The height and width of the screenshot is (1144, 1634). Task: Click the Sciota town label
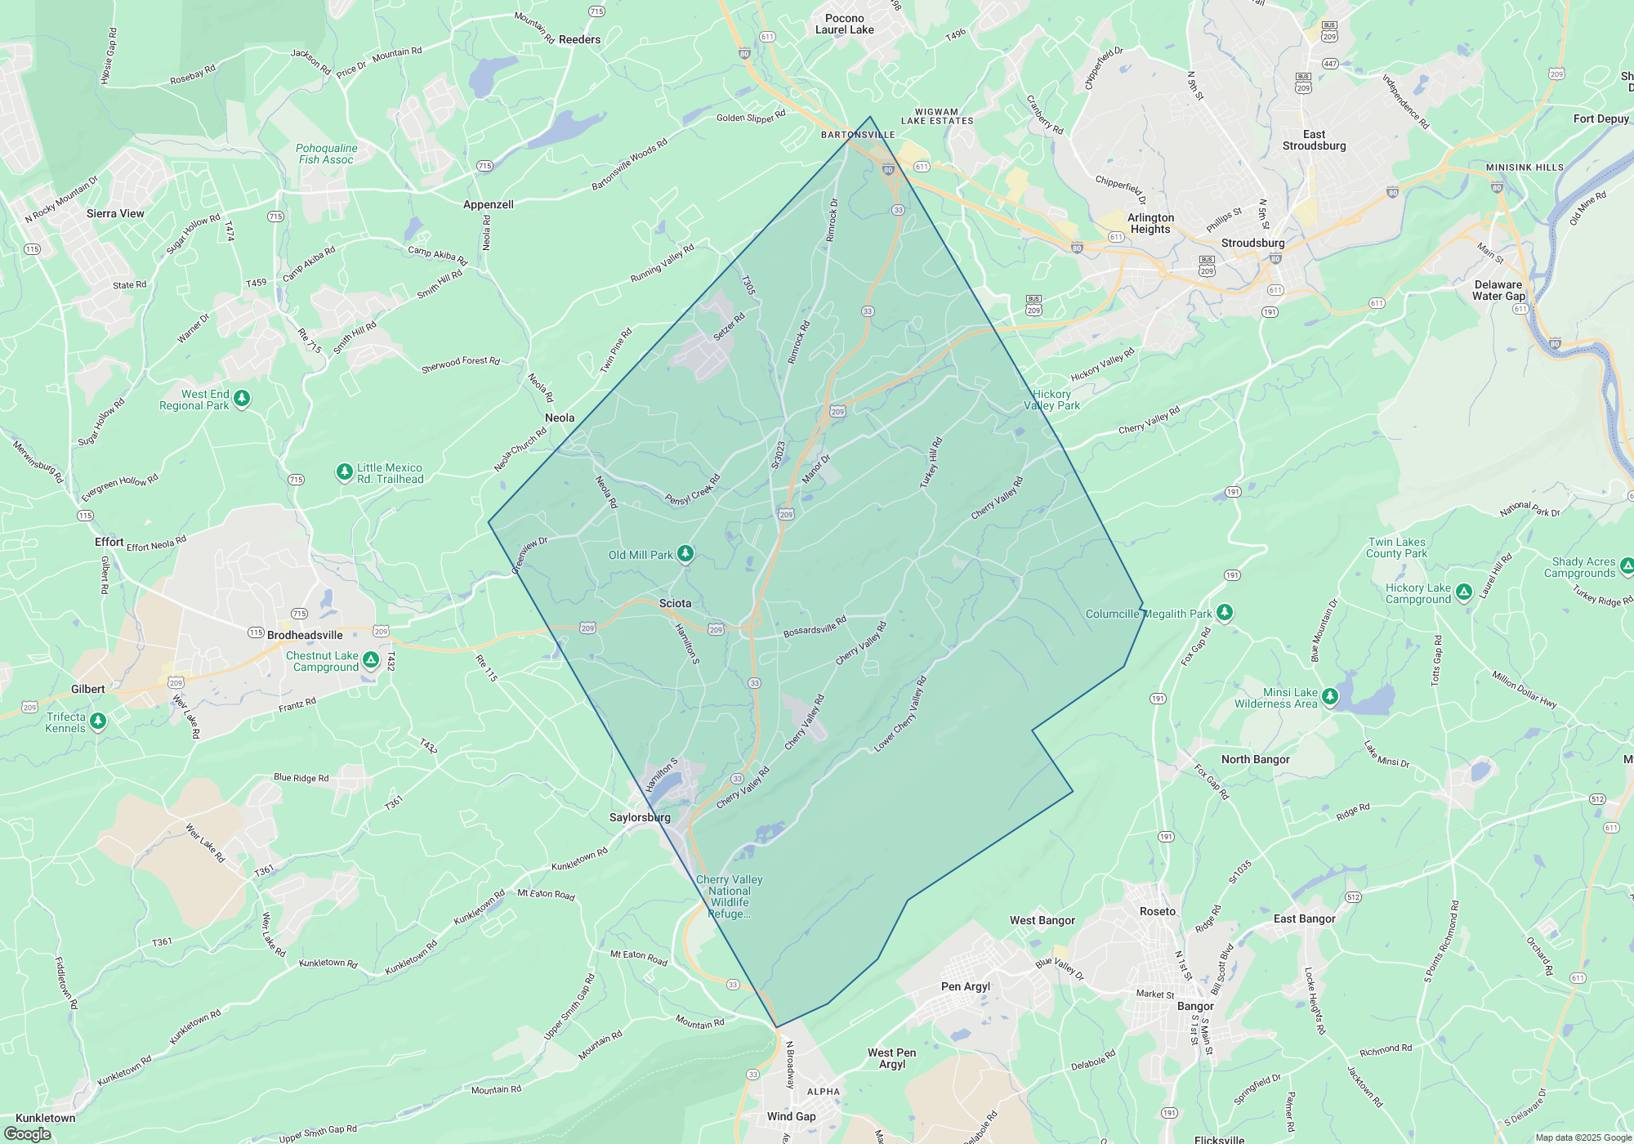(x=675, y=603)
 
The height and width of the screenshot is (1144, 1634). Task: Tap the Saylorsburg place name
(x=640, y=817)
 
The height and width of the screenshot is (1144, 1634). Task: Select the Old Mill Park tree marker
(x=685, y=554)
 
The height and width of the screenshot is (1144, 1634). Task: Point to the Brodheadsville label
(x=305, y=635)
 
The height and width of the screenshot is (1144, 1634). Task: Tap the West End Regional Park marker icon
(x=242, y=398)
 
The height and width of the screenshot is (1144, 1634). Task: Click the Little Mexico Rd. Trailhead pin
(x=345, y=471)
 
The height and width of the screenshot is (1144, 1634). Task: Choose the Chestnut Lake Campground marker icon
(x=371, y=659)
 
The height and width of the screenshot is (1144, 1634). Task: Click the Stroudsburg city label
(x=1252, y=243)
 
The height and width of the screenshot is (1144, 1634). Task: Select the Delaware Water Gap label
(x=1498, y=290)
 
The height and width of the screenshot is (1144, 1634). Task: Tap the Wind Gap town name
(x=791, y=1116)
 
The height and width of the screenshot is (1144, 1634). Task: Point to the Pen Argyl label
(x=966, y=986)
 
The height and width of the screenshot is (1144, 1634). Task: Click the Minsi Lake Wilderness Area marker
(x=1330, y=695)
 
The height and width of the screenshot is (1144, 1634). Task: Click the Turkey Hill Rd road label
(x=931, y=463)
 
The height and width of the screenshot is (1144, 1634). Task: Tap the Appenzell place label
(x=489, y=204)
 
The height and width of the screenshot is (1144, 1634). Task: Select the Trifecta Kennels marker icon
(x=98, y=720)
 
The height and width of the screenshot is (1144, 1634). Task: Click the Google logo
(x=28, y=1134)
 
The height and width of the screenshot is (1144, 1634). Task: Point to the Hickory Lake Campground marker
(x=1464, y=591)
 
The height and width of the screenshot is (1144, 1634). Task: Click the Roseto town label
(x=1158, y=911)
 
